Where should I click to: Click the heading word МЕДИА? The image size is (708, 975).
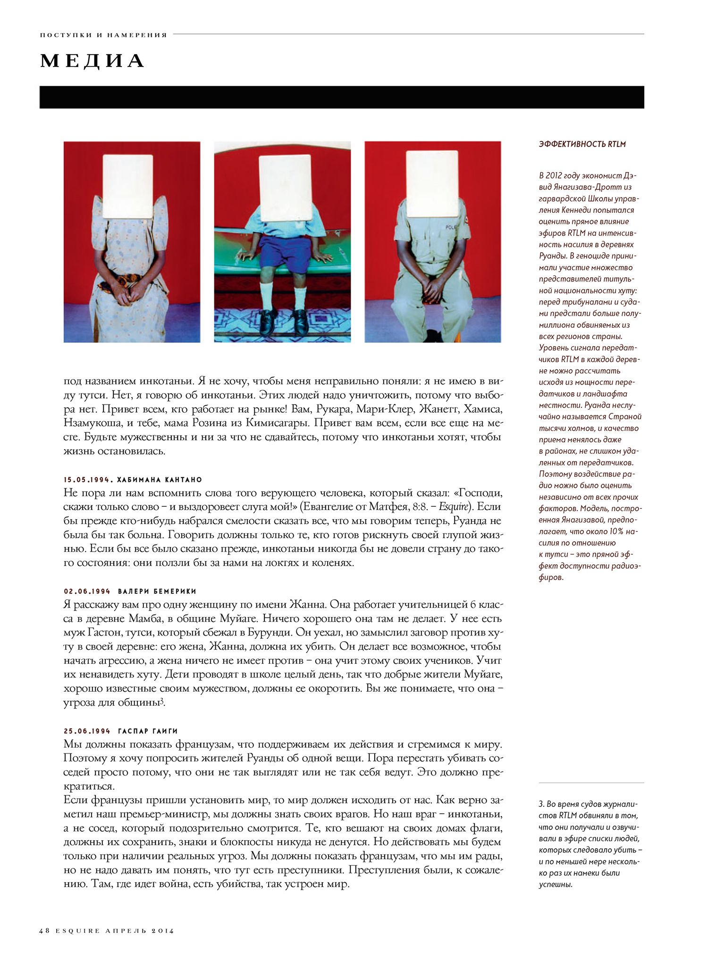(92, 61)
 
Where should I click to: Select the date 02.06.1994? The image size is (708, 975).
(87, 591)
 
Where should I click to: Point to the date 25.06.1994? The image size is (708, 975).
(87, 731)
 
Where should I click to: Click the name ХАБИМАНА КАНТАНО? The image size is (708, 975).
(160, 480)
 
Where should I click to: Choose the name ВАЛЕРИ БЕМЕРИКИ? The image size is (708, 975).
(157, 591)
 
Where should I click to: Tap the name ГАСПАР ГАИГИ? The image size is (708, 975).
(148, 731)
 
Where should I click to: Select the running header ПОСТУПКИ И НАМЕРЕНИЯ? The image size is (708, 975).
(104, 35)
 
